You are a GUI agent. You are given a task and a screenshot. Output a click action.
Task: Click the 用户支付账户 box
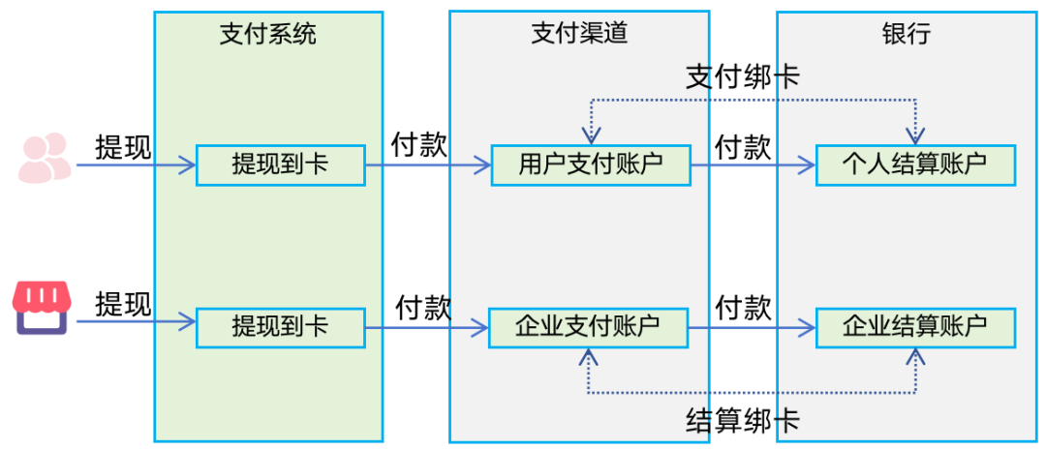point(590,165)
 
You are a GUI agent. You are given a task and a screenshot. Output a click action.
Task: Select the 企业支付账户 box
point(588,328)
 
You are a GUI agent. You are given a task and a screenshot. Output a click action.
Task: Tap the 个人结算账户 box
point(915,165)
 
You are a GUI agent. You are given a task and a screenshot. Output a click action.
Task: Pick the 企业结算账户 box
point(915,328)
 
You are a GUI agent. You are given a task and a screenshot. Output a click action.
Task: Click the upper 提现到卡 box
point(280,165)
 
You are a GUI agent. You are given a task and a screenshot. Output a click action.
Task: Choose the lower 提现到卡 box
point(280,328)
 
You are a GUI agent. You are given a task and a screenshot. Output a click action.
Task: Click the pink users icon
point(44,158)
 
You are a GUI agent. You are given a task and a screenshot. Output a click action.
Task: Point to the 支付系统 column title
point(268,34)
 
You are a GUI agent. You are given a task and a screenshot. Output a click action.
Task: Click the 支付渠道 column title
point(579,34)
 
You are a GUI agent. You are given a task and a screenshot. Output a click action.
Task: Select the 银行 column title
point(908,34)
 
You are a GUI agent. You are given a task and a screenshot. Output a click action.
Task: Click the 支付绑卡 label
point(743,77)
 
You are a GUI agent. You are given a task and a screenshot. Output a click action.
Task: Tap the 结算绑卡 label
point(743,421)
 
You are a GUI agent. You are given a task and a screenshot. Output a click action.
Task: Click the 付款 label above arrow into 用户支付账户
point(418,145)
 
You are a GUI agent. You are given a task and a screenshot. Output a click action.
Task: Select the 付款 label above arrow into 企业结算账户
point(743,308)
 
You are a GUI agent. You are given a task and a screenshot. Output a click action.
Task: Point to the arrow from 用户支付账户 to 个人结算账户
point(752,165)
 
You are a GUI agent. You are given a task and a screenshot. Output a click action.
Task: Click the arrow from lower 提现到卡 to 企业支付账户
point(426,329)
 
